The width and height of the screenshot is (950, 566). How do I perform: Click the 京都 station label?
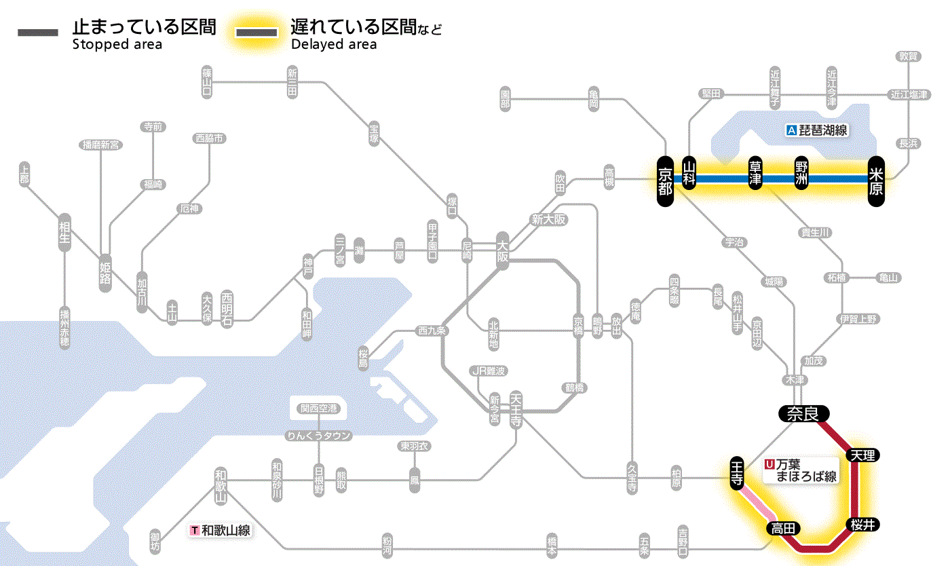coord(665,179)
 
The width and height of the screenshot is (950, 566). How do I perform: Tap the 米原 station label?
coord(876,179)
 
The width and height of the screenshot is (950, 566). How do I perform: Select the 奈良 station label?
coord(805,413)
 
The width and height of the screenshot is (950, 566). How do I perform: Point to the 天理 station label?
coord(863,455)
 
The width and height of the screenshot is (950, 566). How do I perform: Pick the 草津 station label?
coord(755,174)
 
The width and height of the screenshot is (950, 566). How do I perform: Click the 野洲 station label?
coord(801,174)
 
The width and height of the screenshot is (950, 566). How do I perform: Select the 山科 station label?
coord(689,174)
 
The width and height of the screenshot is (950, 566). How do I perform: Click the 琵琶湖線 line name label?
coord(818,130)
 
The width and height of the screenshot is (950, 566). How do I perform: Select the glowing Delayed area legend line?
coord(256,33)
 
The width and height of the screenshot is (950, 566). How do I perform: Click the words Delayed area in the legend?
coord(334,45)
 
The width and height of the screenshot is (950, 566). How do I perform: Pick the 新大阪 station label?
coord(548,219)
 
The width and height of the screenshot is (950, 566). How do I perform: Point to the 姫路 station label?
coord(105,273)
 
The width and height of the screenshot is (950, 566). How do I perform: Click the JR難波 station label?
coord(489,371)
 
